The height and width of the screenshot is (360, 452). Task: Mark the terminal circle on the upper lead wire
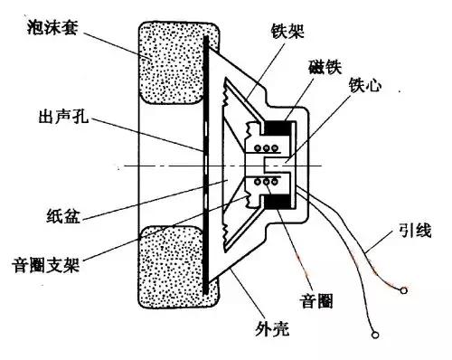(x=402, y=290)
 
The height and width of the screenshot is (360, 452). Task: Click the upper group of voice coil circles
(x=268, y=147)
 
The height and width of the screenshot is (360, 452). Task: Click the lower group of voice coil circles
(x=268, y=184)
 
